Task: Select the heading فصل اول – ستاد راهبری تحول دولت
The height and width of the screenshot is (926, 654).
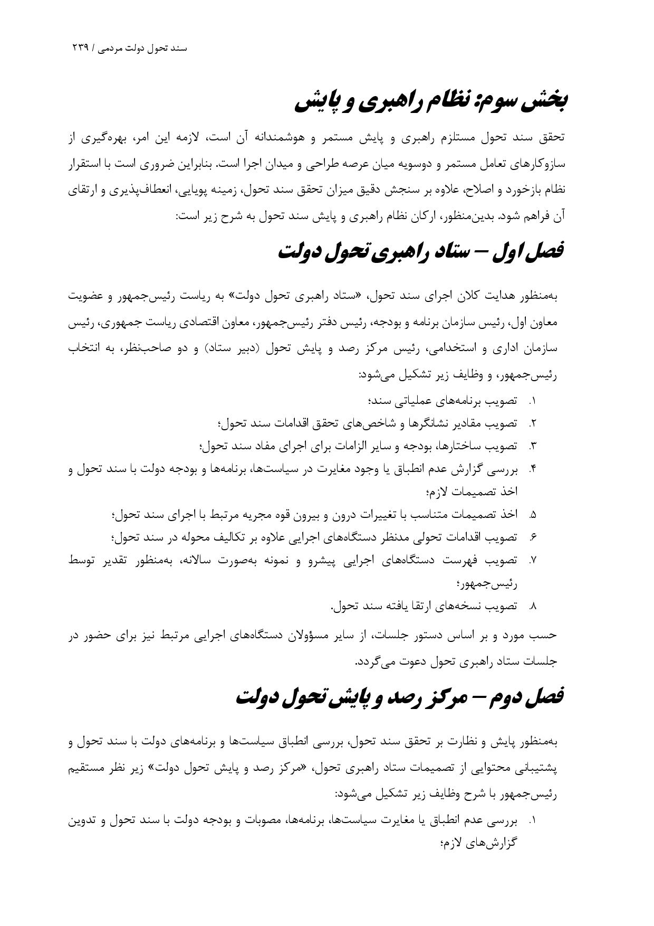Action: click(420, 251)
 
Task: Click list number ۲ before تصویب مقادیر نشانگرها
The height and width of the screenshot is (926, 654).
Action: click(533, 423)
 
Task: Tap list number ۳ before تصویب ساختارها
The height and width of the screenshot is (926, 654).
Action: click(533, 446)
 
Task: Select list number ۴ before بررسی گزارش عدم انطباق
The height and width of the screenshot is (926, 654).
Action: click(533, 469)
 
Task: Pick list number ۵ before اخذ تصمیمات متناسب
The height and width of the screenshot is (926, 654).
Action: click(533, 514)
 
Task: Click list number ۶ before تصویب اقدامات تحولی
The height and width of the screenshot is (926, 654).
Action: click(533, 537)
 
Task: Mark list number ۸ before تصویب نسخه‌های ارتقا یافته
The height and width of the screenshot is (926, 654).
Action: click(533, 606)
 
